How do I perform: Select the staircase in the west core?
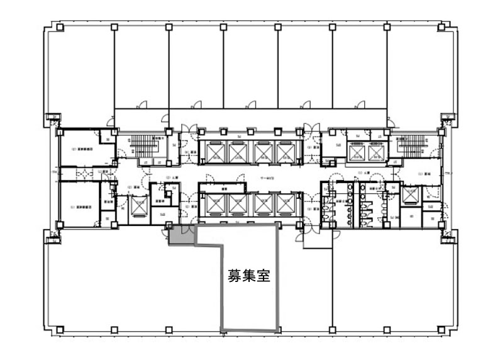click(x=139, y=147)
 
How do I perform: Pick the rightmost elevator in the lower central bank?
click(x=284, y=203)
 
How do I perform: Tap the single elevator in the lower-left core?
click(x=138, y=206)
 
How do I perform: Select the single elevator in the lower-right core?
click(x=409, y=196)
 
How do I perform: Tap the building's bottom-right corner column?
click(x=445, y=329)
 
